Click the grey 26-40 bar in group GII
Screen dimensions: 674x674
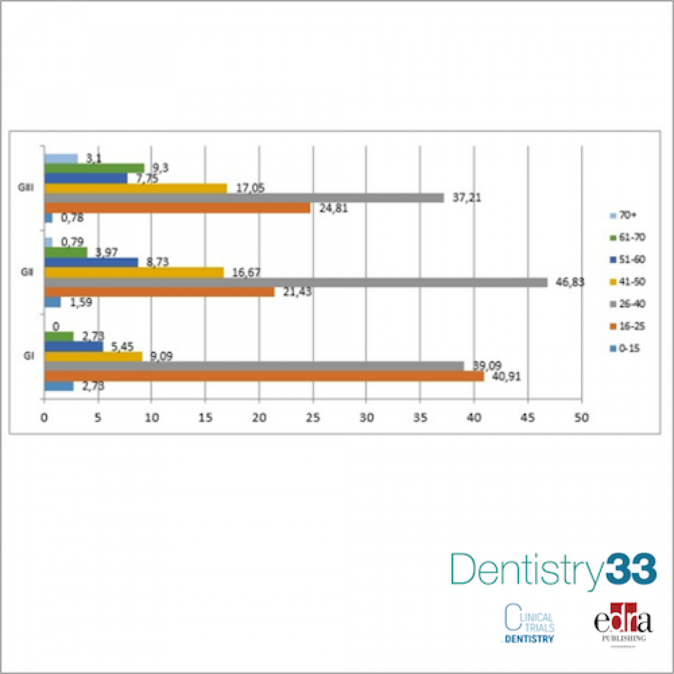click(295, 283)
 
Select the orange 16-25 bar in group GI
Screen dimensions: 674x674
click(264, 376)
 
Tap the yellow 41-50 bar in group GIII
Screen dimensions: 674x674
click(135, 188)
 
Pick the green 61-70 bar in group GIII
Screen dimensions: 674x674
click(94, 168)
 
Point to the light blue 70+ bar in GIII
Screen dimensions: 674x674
click(61, 158)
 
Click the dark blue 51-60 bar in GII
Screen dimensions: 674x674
click(91, 262)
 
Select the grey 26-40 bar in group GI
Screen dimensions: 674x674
click(254, 366)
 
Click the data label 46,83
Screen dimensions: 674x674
click(570, 283)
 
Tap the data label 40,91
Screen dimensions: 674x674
click(506, 377)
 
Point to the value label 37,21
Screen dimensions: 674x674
click(467, 198)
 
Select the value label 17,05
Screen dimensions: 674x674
click(250, 188)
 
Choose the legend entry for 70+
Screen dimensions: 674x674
click(623, 215)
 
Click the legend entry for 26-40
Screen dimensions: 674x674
click(627, 304)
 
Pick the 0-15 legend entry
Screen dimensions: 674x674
click(625, 348)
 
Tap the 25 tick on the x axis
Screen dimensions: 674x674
click(312, 418)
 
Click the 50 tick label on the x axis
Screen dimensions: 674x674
click(581, 418)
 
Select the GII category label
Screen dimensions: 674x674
click(26, 272)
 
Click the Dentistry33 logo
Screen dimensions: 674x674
click(553, 570)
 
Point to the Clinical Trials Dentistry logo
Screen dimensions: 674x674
click(529, 623)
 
